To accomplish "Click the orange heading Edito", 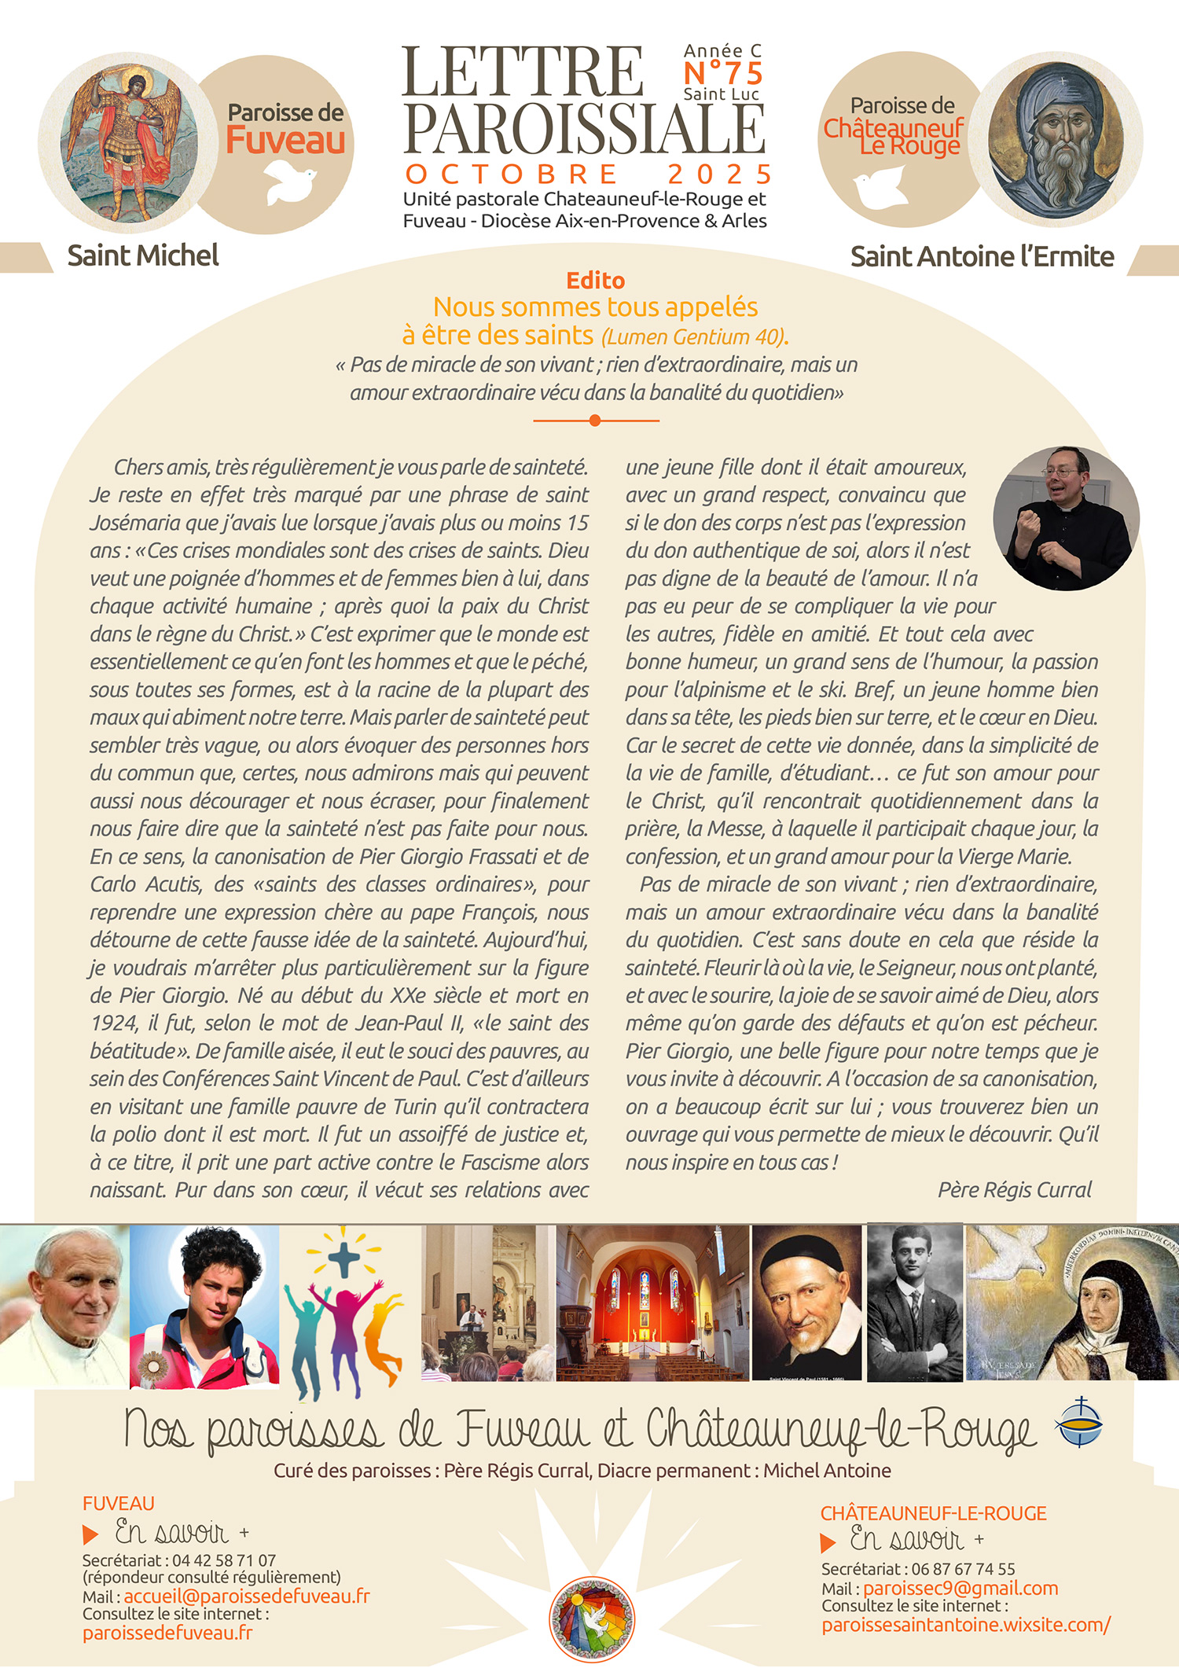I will coord(595,281).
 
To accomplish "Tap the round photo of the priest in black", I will coord(1065,518).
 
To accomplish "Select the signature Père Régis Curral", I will coord(1014,1189).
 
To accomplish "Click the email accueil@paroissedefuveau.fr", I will coord(246,1596).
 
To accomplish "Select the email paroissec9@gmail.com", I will coord(960,1588).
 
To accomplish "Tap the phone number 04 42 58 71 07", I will coord(223,1560).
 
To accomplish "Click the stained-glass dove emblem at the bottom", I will coord(591,1619).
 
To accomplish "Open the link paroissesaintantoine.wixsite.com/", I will coord(965,1625).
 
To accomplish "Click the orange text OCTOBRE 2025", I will coord(588,174).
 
